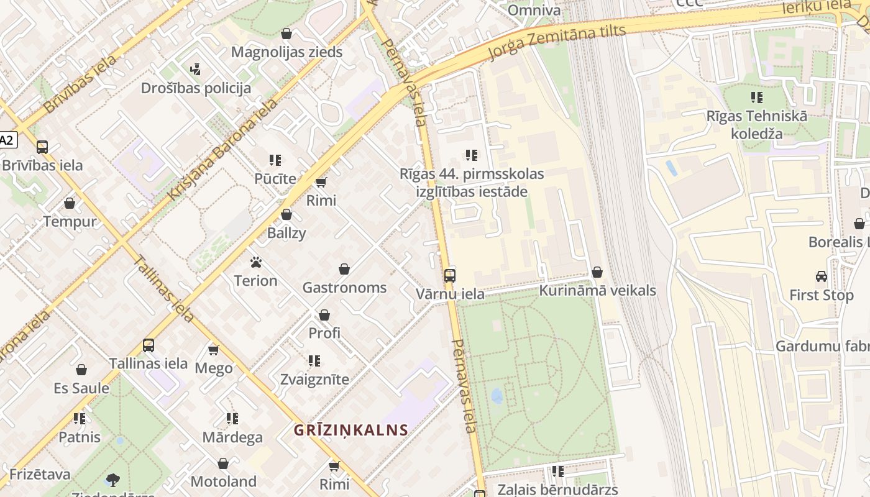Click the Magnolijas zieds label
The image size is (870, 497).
tap(286, 52)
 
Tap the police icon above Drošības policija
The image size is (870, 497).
tap(196, 68)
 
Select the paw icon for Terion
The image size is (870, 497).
tap(255, 262)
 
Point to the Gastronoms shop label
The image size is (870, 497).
tap(344, 288)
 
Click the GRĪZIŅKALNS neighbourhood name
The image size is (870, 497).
tap(351, 430)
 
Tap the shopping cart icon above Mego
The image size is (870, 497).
tap(214, 350)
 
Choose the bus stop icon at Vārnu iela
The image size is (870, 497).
tap(450, 275)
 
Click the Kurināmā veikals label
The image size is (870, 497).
tap(597, 291)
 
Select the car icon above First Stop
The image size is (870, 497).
tap(822, 276)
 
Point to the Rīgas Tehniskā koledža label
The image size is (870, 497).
tap(756, 124)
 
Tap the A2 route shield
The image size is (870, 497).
tap(6, 140)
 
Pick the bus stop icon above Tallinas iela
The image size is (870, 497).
tap(148, 345)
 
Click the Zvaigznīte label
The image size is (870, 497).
tap(314, 379)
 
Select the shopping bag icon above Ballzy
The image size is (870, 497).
tap(286, 215)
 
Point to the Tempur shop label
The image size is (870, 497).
tap(70, 221)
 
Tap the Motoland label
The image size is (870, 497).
tap(223, 481)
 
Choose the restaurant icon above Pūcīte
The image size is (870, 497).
tap(275, 160)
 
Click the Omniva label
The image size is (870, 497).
tap(534, 11)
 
